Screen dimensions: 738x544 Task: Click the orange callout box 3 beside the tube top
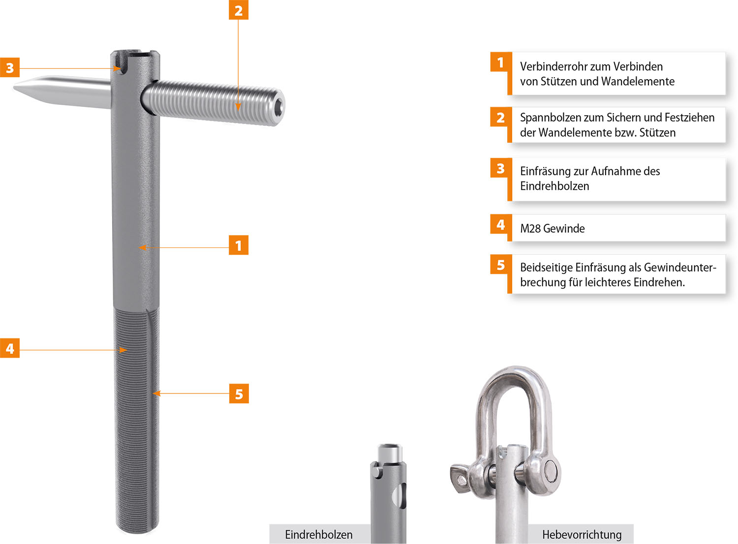click(9, 67)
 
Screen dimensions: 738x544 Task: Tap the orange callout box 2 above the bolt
click(239, 10)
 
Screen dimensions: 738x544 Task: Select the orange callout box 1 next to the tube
click(239, 245)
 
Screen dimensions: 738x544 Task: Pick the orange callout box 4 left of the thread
click(9, 348)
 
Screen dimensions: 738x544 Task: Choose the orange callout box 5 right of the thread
click(239, 393)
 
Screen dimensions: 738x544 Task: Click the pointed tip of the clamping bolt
click(14, 87)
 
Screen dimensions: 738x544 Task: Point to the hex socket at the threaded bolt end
click(279, 107)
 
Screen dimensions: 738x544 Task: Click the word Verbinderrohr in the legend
click(553, 67)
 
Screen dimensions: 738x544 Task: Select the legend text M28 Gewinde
click(553, 229)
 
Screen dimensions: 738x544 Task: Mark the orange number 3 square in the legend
click(501, 168)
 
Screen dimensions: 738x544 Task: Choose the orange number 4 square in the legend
click(501, 224)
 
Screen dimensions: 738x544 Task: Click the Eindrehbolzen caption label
click(319, 535)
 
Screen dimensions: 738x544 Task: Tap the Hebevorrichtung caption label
click(582, 535)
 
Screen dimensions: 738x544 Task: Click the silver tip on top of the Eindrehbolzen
click(390, 453)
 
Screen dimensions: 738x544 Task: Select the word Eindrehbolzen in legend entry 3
click(554, 186)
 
